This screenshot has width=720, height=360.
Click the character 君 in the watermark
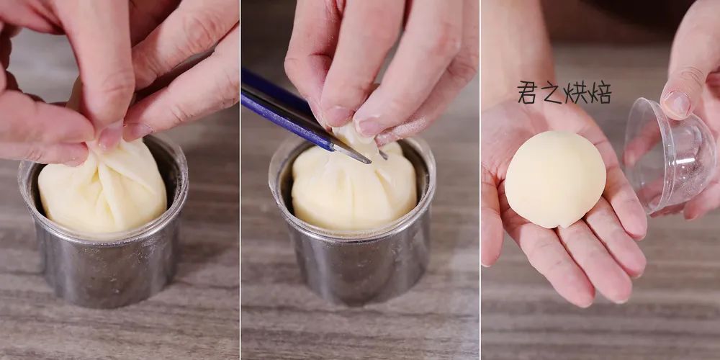pyautogui.click(x=528, y=92)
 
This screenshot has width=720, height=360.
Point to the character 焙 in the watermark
pyautogui.click(x=600, y=93)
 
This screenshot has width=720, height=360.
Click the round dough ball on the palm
pyautogui.click(x=555, y=179)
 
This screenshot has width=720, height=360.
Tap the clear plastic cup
pyautogui.click(x=668, y=154)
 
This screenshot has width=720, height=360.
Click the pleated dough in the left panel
pyautogui.click(x=103, y=188)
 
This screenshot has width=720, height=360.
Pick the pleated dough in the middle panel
pyautogui.click(x=354, y=186)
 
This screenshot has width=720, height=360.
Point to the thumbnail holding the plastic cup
pyautogui.click(x=676, y=104)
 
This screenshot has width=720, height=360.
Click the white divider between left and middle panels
pyautogui.click(x=240, y=180)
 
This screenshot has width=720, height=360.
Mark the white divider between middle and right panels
pyautogui.click(x=480, y=180)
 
